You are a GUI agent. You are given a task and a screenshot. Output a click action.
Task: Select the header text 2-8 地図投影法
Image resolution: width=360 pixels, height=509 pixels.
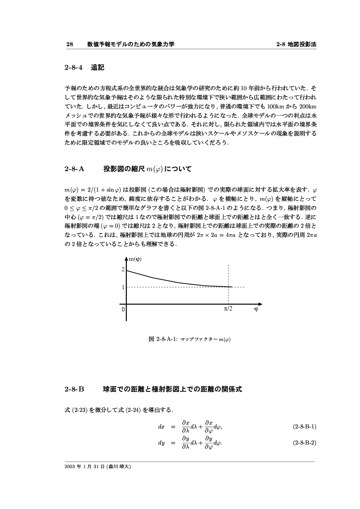tap(296, 44)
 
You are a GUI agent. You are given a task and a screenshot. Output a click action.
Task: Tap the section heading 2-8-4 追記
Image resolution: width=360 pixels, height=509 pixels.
tap(84, 68)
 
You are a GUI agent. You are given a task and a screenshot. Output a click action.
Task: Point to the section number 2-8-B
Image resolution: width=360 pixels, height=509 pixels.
tap(73, 389)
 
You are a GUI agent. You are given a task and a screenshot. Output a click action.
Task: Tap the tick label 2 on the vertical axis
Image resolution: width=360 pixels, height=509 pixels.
tap(123, 270)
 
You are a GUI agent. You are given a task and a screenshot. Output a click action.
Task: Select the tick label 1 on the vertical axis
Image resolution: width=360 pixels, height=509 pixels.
tap(123, 287)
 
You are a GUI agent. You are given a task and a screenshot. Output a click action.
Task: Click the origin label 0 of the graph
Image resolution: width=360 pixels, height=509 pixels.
tap(123, 309)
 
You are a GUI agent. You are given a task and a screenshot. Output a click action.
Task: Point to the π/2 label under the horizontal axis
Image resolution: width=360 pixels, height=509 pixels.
tap(228, 309)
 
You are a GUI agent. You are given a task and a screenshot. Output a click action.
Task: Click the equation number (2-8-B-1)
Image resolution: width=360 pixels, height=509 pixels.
tap(304, 426)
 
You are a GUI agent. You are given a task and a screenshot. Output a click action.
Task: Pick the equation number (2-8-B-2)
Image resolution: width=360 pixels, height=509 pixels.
tap(304, 444)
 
